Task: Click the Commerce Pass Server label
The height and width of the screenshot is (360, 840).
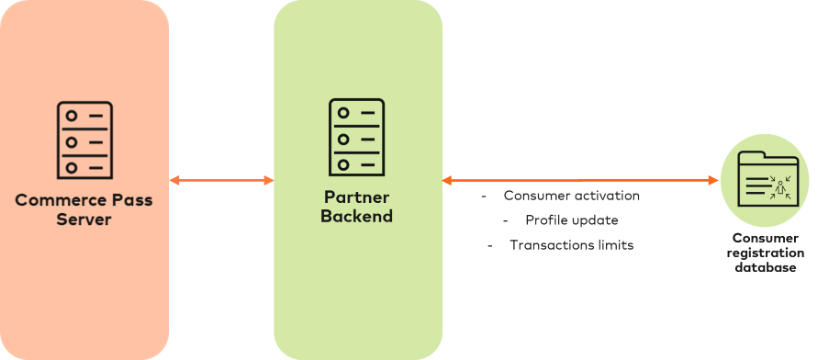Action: (x=84, y=209)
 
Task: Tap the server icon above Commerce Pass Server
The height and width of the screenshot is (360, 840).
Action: (x=84, y=141)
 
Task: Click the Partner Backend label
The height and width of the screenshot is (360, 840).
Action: (x=357, y=208)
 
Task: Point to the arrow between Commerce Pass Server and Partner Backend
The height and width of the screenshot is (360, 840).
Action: (x=221, y=181)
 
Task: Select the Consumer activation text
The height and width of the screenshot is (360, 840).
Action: (x=571, y=197)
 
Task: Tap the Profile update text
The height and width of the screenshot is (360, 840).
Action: (x=571, y=220)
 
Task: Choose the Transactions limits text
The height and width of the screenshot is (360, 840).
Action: (x=571, y=245)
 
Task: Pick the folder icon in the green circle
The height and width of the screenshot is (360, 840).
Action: (x=765, y=179)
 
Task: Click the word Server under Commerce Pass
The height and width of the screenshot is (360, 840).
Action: (x=84, y=219)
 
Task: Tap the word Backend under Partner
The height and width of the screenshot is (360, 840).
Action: (x=357, y=218)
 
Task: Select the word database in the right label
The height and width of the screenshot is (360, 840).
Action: (x=765, y=267)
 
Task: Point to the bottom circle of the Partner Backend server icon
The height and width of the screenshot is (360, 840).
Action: (x=343, y=164)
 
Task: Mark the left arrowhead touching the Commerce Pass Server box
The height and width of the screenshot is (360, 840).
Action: (x=174, y=181)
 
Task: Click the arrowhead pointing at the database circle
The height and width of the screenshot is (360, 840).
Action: (x=713, y=181)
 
